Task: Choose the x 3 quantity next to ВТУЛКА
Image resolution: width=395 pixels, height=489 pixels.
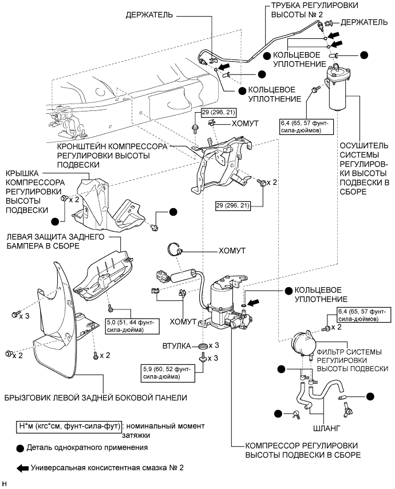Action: pyautogui.click(x=214, y=346)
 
